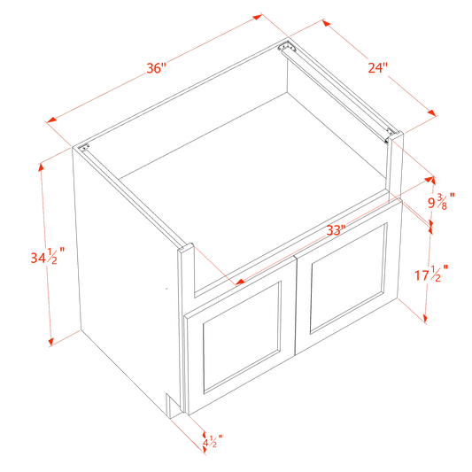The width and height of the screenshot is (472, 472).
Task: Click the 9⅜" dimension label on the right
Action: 437,201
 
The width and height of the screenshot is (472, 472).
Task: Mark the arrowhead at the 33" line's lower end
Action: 238,283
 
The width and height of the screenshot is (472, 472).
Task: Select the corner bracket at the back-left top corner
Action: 85,151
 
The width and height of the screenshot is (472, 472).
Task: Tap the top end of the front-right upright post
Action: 395,135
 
